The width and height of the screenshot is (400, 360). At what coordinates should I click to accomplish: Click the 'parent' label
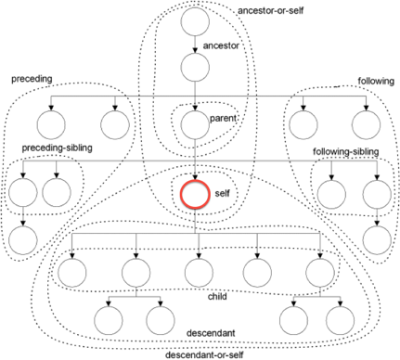(x=222, y=118)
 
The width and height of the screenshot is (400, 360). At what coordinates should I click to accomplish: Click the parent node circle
(x=196, y=122)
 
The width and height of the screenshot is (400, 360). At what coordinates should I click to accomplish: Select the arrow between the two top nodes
(x=196, y=45)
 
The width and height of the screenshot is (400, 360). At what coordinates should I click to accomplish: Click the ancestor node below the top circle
(x=196, y=68)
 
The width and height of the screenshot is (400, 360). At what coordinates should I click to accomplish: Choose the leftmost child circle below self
(x=71, y=274)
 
